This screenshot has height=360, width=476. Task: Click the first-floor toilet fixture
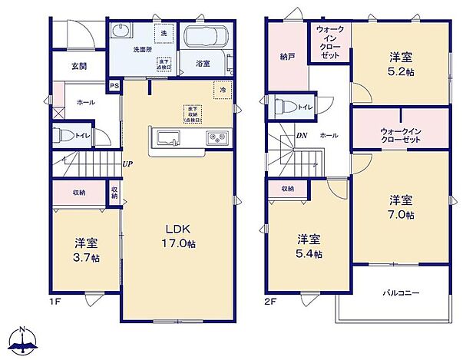click(x=64, y=136)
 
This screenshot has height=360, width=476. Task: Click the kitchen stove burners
click(x=215, y=139)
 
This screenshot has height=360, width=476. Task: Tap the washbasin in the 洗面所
click(x=122, y=31)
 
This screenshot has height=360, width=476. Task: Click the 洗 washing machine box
click(x=164, y=33)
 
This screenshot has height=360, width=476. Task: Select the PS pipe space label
click(x=114, y=86)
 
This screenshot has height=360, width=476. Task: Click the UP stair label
click(x=126, y=164)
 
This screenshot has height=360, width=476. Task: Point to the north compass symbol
click(x=24, y=339)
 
